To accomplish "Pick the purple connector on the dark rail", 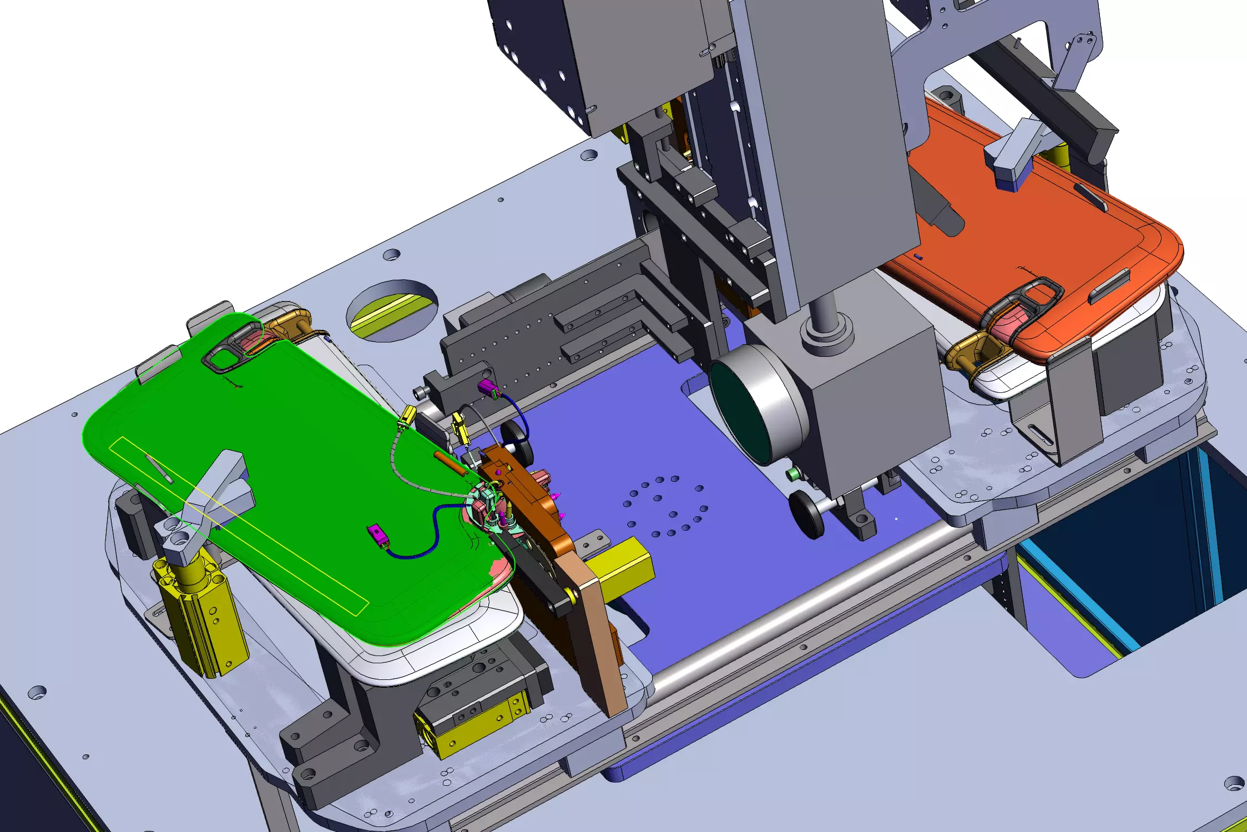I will [x=487, y=388].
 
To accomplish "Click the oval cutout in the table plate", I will [x=392, y=311].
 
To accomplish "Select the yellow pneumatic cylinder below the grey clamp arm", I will [x=200, y=616].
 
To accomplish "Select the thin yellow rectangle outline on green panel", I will [x=239, y=525].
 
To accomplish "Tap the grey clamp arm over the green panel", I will [x=216, y=488].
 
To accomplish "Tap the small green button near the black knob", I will [x=792, y=474].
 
